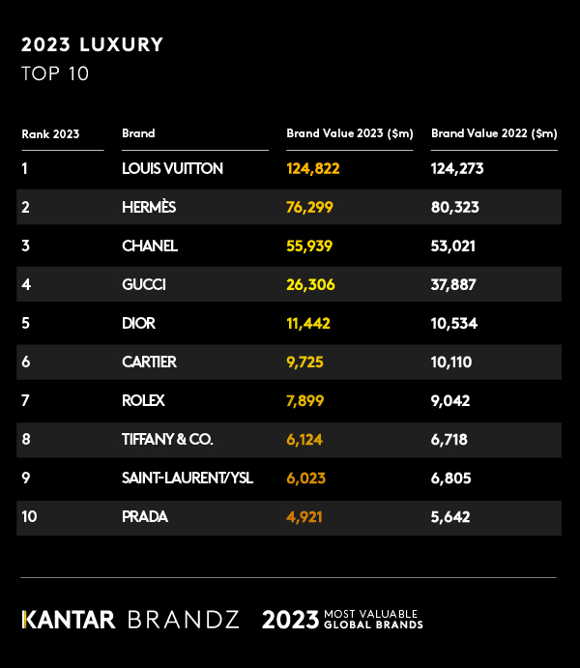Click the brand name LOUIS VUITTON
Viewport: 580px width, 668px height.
tap(172, 168)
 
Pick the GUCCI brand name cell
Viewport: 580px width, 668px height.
tap(144, 284)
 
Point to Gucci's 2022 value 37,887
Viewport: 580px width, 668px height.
tap(455, 284)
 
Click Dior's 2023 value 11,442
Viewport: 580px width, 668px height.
tap(308, 323)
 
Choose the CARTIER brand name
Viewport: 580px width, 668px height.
tap(149, 362)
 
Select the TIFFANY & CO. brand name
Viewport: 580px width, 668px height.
tap(167, 439)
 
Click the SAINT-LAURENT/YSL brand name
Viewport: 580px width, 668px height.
tap(188, 478)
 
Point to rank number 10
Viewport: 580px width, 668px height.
tap(29, 516)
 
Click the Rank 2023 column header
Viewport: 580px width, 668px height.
tap(50, 133)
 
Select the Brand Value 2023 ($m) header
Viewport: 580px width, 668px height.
tap(350, 133)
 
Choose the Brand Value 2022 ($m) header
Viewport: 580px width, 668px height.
tap(494, 133)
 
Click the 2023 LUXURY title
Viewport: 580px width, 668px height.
tap(92, 44)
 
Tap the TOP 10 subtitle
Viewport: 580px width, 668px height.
tap(55, 73)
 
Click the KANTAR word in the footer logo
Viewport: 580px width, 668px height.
tap(69, 620)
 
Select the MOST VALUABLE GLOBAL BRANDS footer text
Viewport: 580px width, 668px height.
tap(373, 620)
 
